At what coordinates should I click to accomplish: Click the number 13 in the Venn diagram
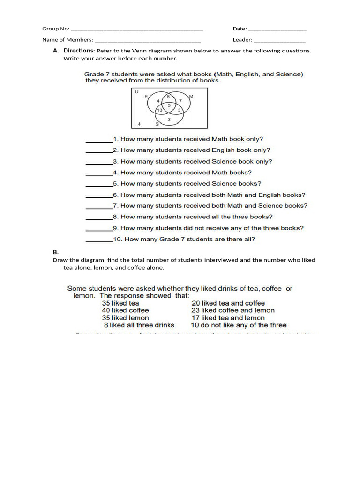click(159, 110)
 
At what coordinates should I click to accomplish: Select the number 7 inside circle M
click(180, 101)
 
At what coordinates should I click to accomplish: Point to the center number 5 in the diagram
click(169, 105)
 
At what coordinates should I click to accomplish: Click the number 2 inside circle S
click(169, 119)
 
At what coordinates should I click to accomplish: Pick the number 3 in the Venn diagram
click(179, 110)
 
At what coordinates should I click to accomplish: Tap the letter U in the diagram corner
click(136, 92)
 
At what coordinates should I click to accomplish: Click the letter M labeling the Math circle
click(191, 96)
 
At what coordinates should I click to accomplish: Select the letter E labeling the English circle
click(146, 96)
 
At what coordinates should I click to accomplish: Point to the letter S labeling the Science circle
click(157, 124)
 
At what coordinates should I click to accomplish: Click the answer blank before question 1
click(99, 140)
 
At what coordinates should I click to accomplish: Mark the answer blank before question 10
click(99, 240)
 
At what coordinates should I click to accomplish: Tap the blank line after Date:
click(277, 29)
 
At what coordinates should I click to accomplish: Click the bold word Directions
click(79, 51)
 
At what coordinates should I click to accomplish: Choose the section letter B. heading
click(55, 252)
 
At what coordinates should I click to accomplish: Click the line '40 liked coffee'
click(125, 310)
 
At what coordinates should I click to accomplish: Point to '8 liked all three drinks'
click(139, 325)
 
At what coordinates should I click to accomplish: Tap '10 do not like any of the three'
click(239, 325)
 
